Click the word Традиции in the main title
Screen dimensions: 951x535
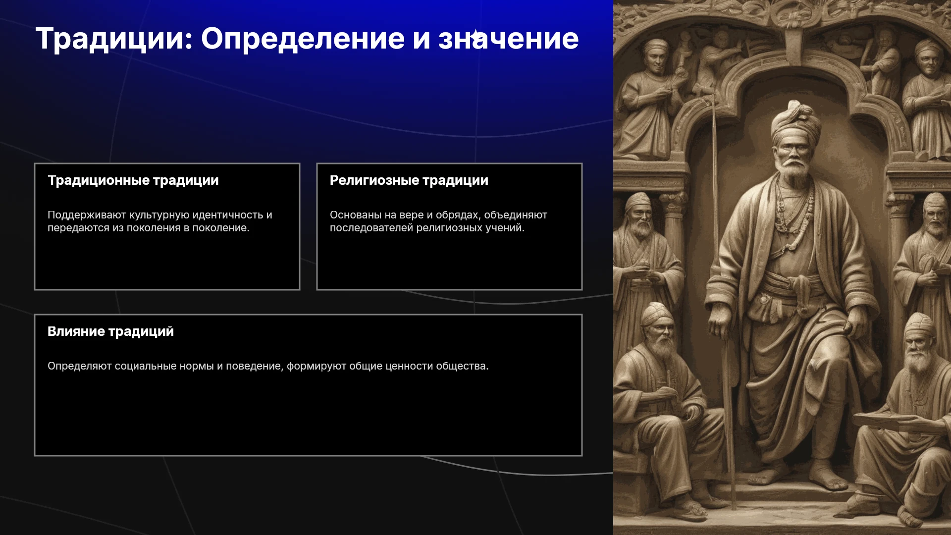pos(114,39)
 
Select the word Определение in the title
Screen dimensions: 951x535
pos(303,39)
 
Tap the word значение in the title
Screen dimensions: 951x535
pos(508,39)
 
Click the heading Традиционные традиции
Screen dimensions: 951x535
pos(133,180)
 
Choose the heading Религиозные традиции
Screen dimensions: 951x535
pos(409,180)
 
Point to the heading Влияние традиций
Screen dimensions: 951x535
pos(111,331)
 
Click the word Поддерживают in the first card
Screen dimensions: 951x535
pos(87,215)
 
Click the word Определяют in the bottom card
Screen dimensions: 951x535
pos(80,366)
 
